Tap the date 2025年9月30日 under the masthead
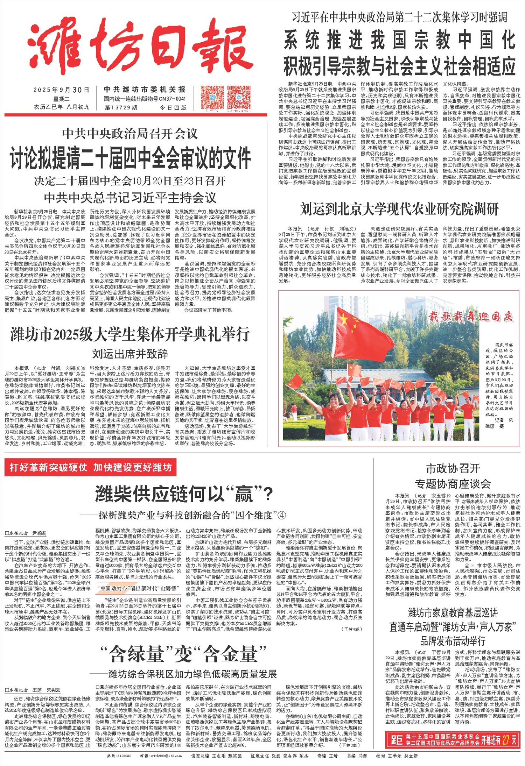click(x=61, y=90)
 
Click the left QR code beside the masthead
click(x=212, y=98)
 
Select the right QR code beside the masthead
click(x=239, y=98)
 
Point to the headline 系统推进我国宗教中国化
click(x=399, y=40)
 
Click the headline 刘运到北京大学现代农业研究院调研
click(x=399, y=210)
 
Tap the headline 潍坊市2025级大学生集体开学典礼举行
click(x=130, y=334)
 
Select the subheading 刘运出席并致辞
click(x=130, y=354)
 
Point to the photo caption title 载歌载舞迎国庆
click(x=471, y=317)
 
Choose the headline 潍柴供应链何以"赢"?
click(x=184, y=494)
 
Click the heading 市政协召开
click(x=453, y=468)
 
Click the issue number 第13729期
click(x=121, y=108)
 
